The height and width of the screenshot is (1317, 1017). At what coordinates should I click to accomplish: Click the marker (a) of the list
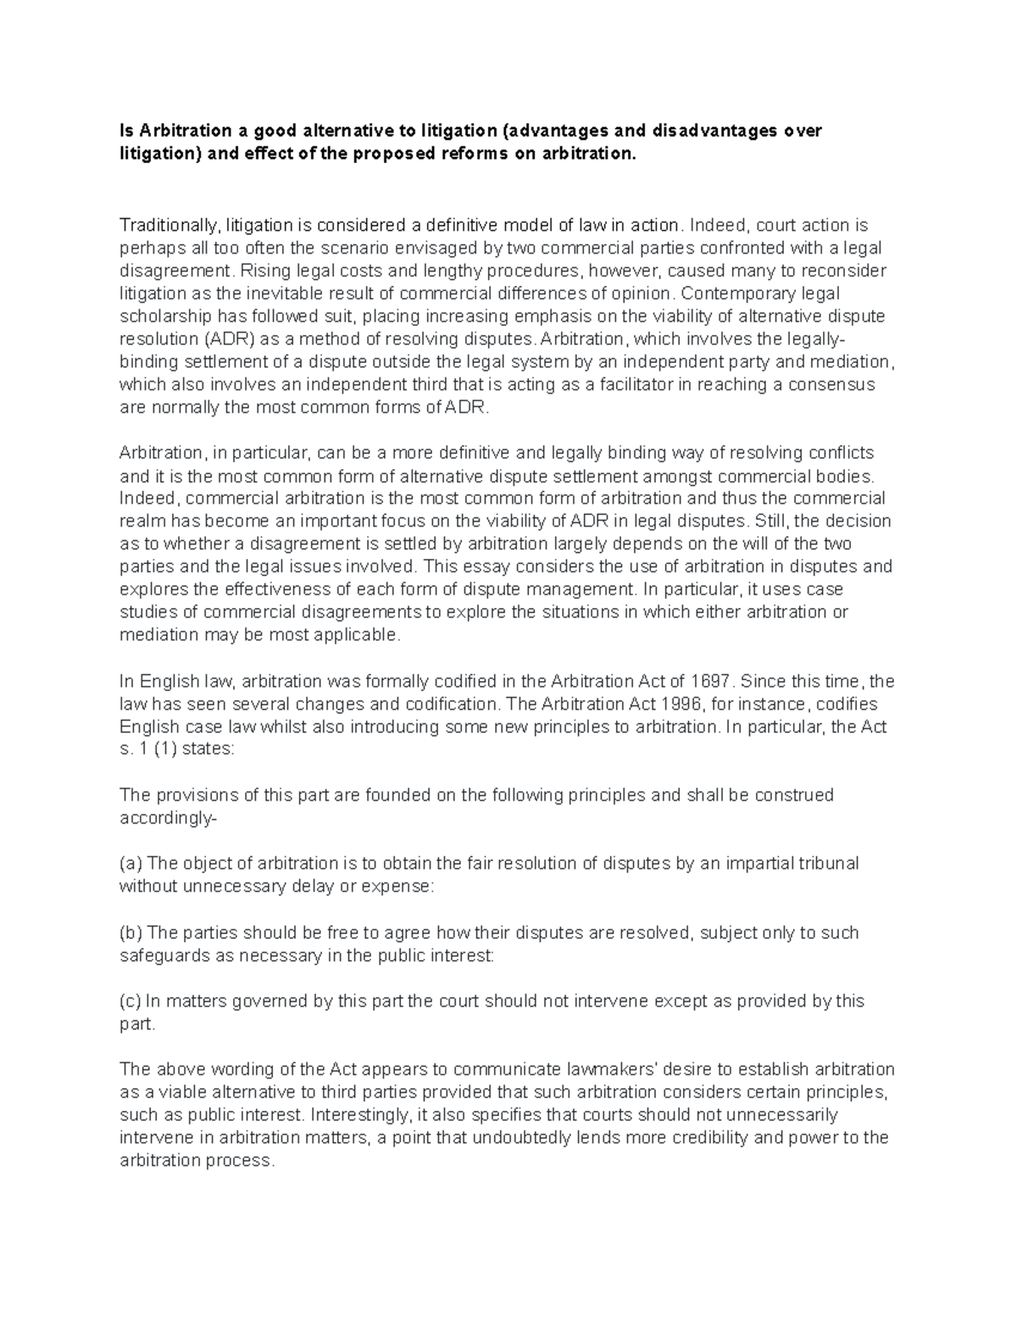131,864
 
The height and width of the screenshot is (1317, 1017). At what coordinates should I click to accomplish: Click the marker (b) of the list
131,933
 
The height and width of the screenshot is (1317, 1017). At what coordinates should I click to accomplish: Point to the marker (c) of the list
131,1002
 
